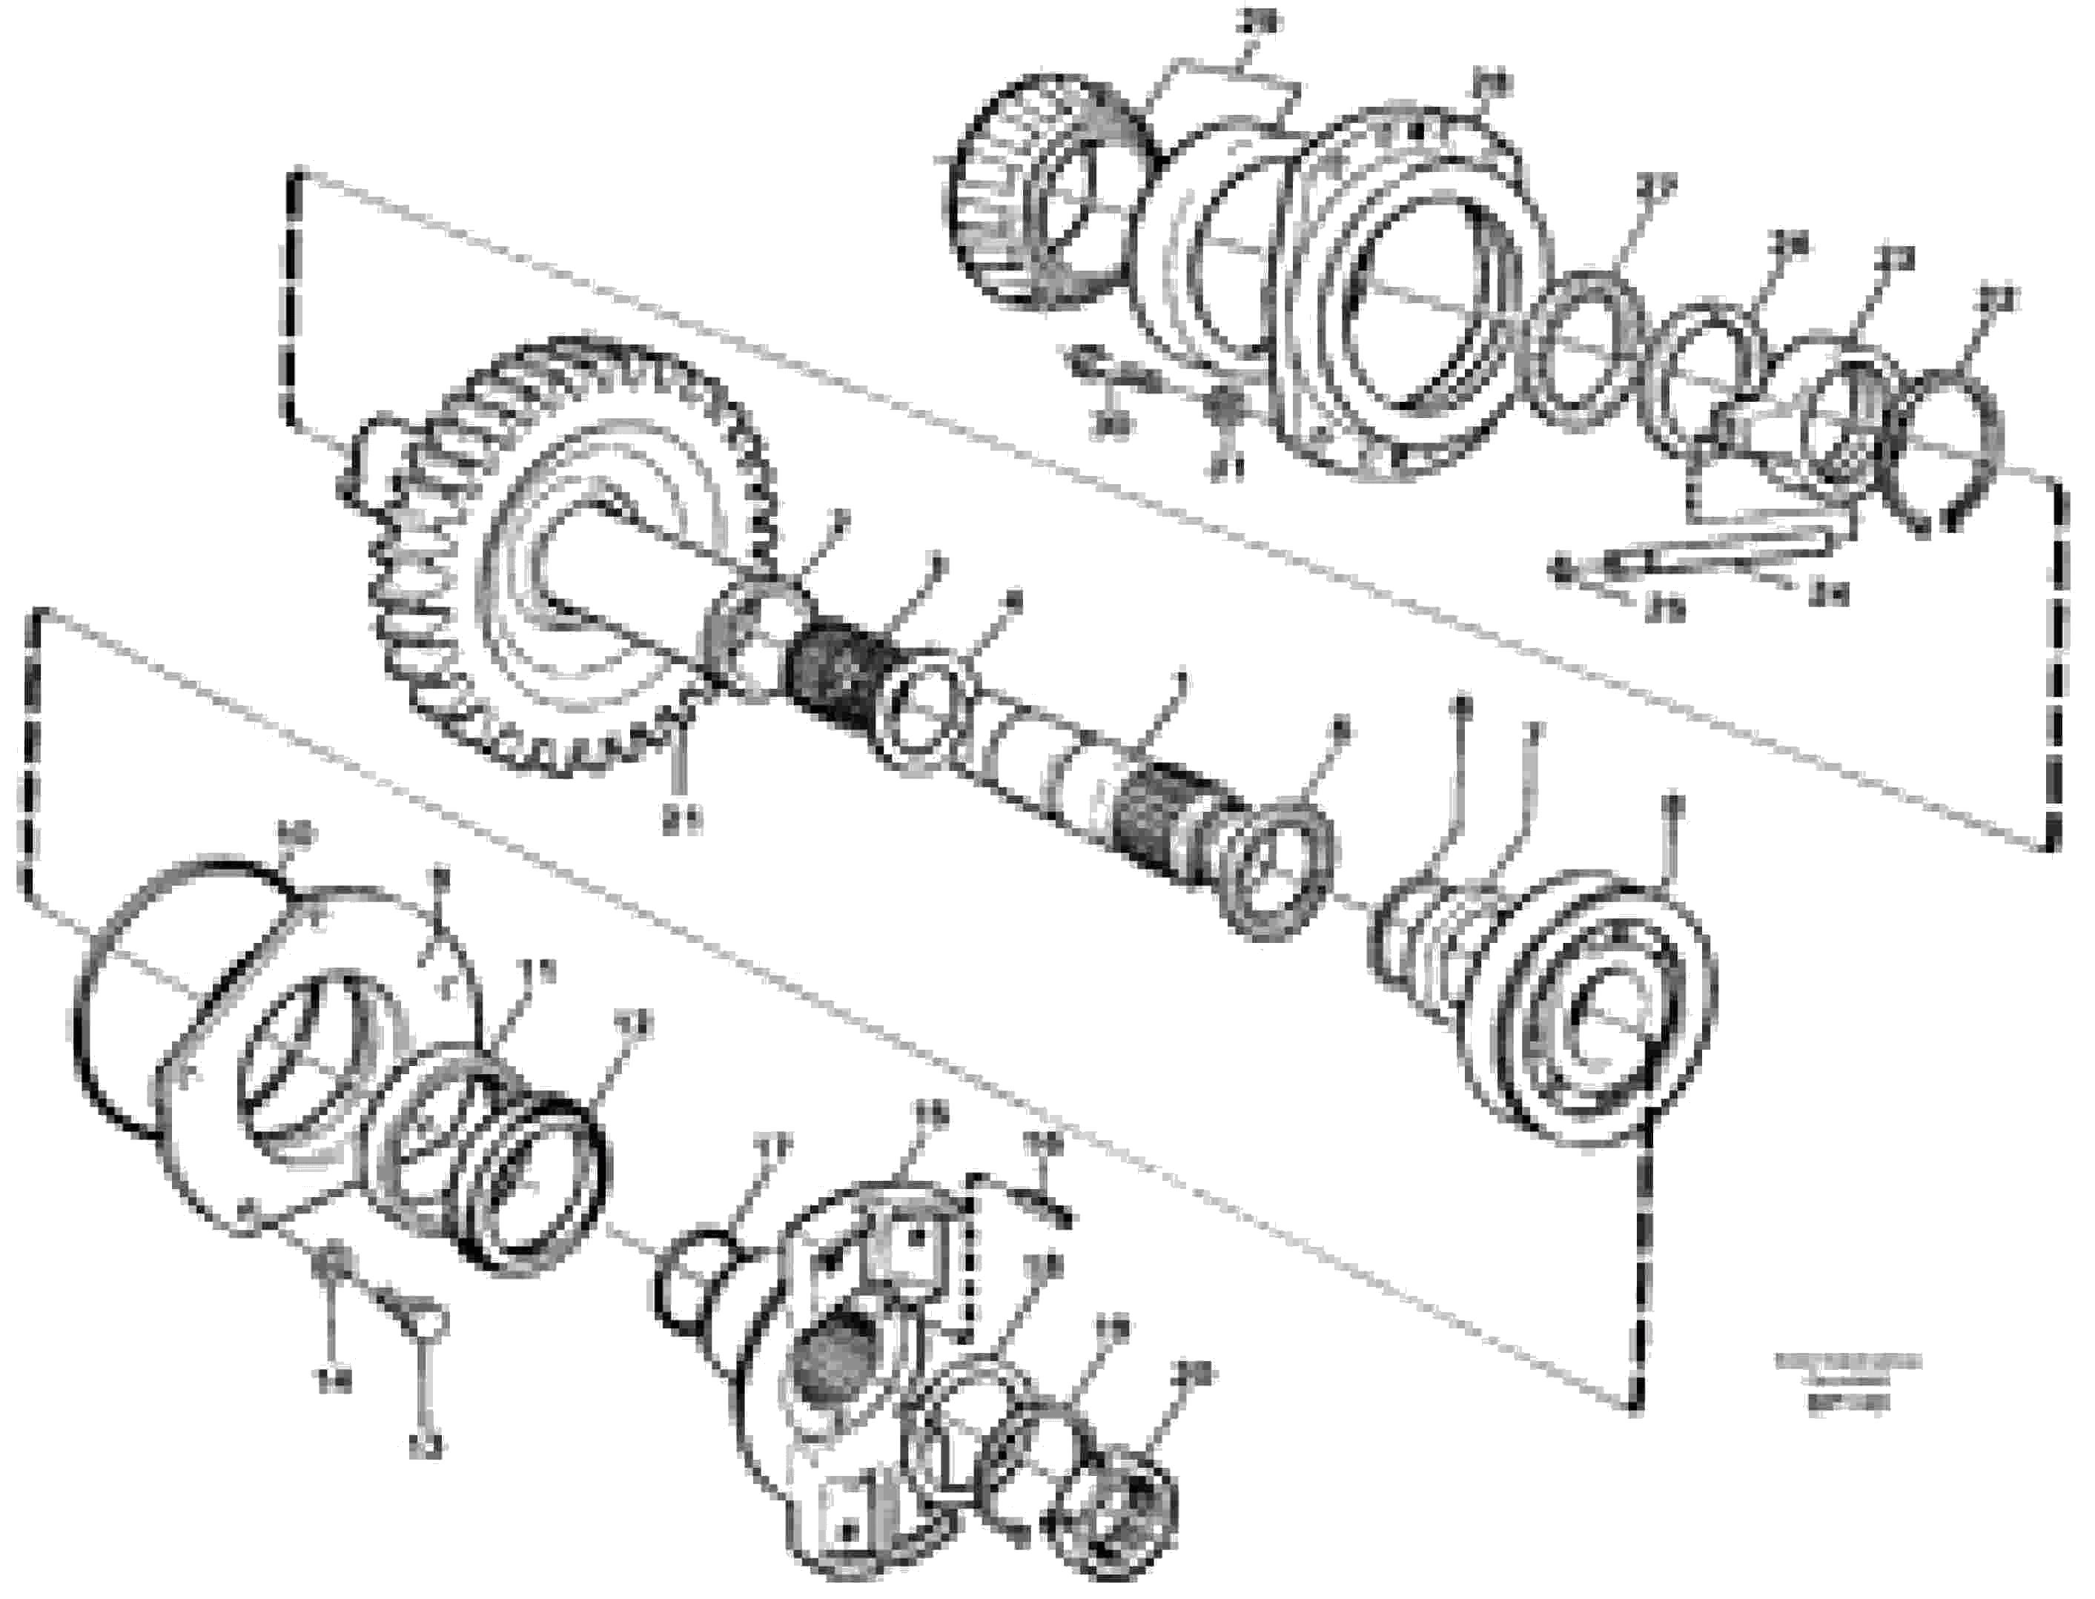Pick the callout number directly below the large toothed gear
pos(684,818)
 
